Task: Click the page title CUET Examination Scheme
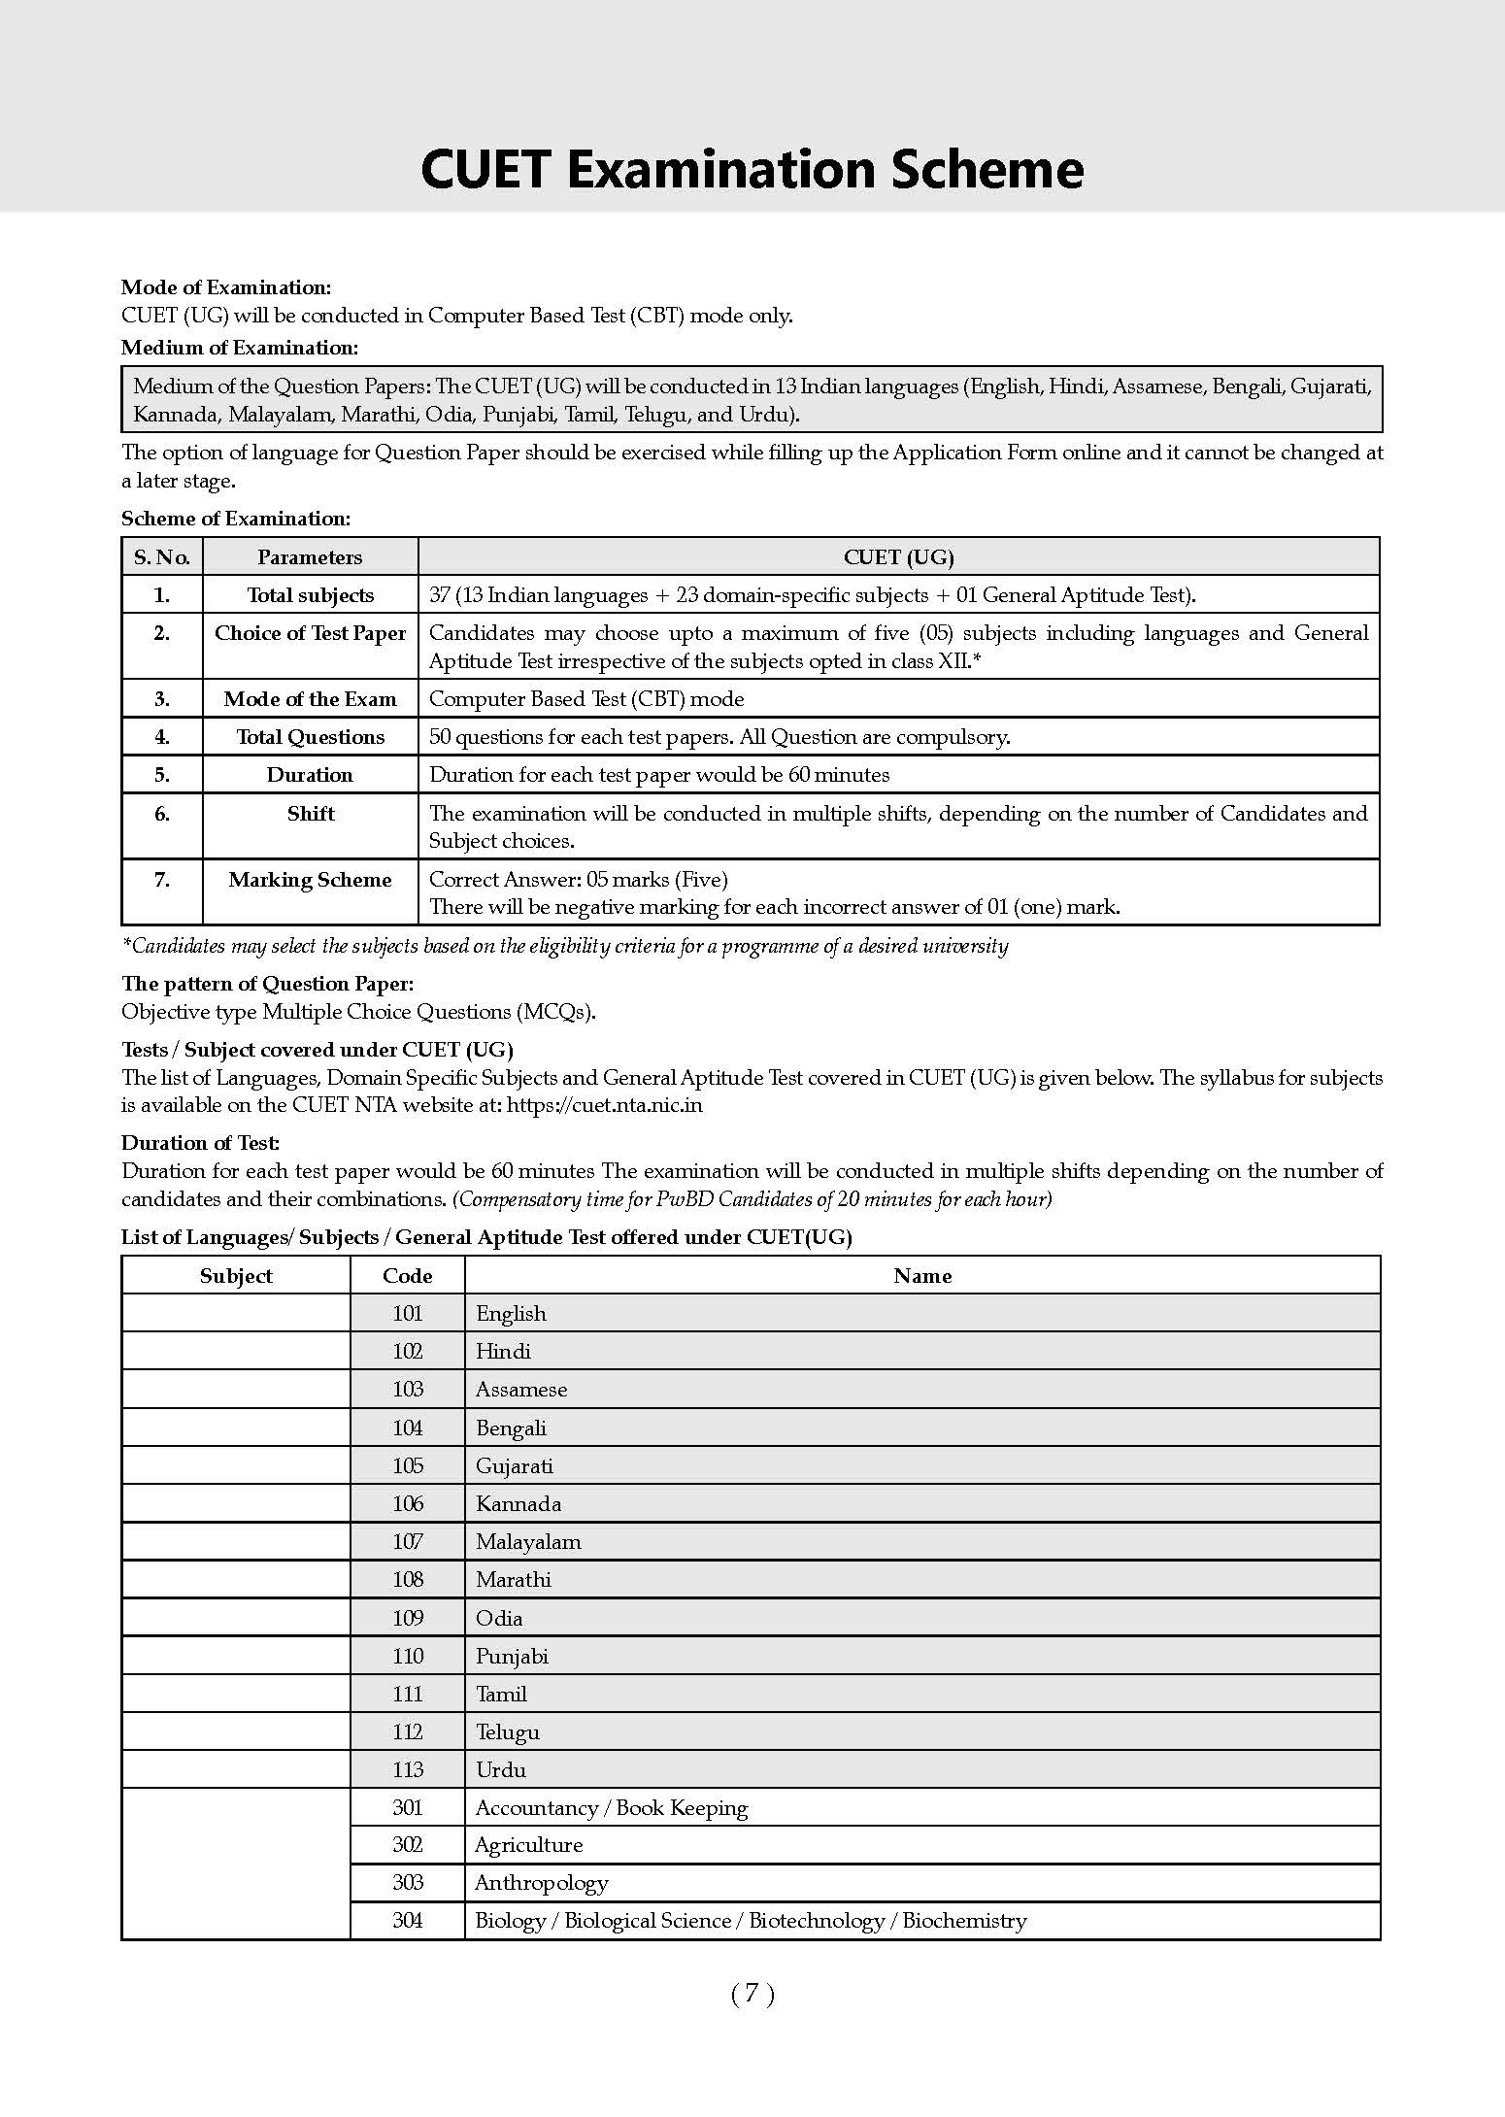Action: [752, 169]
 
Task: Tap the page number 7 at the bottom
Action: [752, 1994]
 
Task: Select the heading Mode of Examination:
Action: [226, 287]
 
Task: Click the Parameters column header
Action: [310, 557]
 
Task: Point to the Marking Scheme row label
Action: [310, 880]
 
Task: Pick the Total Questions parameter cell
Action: [310, 737]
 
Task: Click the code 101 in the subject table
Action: [408, 1314]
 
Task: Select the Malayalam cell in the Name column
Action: [528, 1542]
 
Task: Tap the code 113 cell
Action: [408, 1770]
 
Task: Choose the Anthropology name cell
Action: [541, 1883]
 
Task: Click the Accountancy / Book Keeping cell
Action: [611, 1808]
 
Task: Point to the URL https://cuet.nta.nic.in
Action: [605, 1105]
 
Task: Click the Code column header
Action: [408, 1276]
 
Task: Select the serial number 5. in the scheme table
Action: [162, 775]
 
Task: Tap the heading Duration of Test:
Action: [201, 1143]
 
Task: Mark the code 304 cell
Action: [408, 1921]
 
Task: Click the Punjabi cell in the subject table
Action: [512, 1657]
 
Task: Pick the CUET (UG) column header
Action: [898, 557]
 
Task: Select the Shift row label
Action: [310, 814]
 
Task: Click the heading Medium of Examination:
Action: [240, 348]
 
